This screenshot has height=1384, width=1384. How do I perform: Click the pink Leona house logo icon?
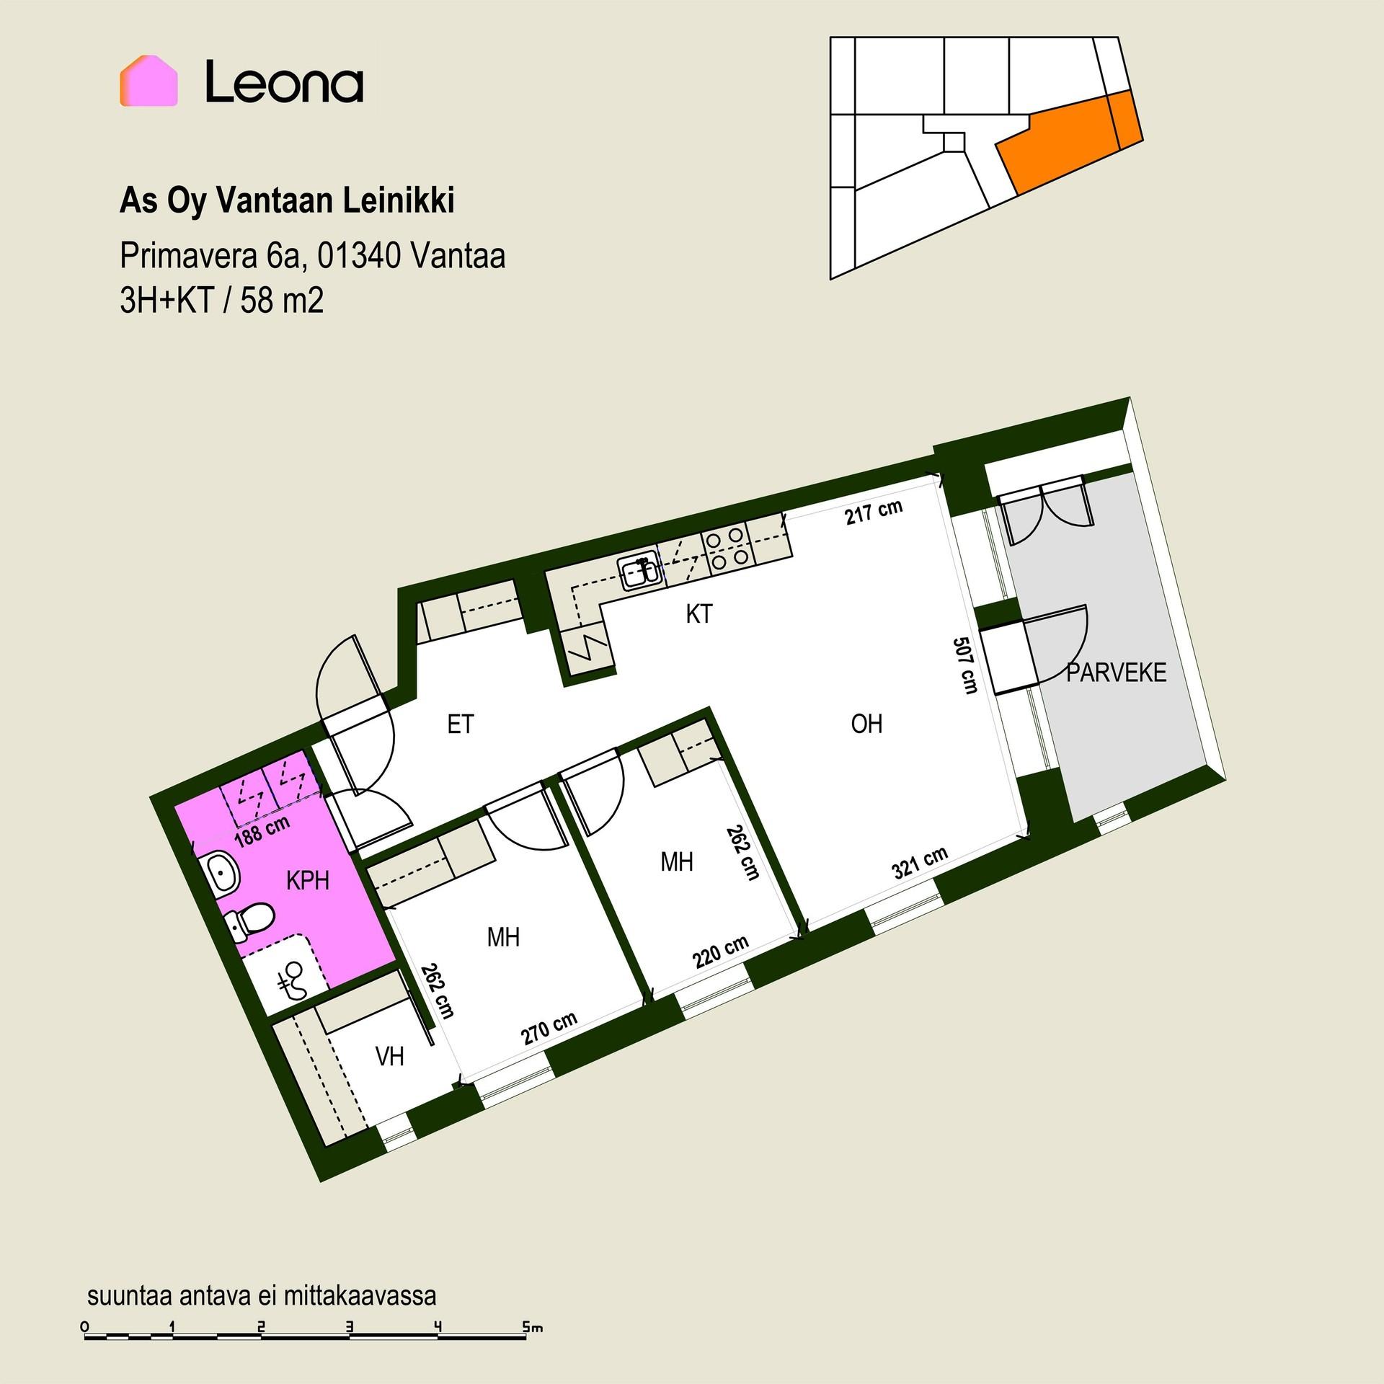click(148, 81)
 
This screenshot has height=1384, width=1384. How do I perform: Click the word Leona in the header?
click(284, 81)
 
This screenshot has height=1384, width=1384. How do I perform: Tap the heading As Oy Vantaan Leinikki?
click(287, 202)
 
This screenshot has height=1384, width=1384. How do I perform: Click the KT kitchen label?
click(699, 614)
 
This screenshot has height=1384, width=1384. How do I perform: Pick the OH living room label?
click(866, 724)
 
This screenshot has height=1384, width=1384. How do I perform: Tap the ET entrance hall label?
click(461, 724)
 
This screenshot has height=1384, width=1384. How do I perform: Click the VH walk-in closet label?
click(390, 1056)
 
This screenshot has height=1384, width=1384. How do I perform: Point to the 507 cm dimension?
click(965, 665)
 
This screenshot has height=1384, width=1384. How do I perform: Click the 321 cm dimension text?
click(920, 862)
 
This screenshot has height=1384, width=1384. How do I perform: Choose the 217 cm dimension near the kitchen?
click(874, 511)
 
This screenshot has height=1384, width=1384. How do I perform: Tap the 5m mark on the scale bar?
click(533, 1326)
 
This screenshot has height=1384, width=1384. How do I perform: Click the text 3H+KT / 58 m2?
click(222, 301)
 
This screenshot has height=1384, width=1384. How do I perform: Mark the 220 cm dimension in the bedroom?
click(721, 952)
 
